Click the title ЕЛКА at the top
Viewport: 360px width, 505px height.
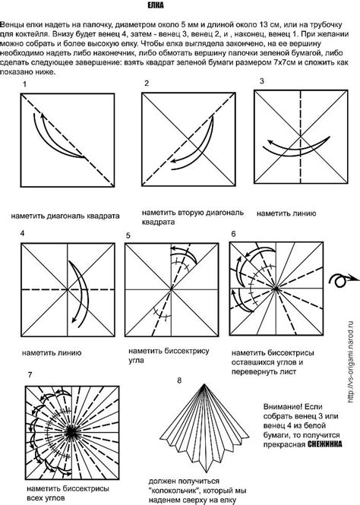(156, 5)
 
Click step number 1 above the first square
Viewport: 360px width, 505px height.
(24, 84)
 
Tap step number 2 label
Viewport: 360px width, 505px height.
(147, 84)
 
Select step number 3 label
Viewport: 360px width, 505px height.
(262, 81)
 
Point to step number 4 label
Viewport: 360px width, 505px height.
(22, 233)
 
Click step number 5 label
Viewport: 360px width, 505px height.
(128, 235)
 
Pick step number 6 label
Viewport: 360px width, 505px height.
(233, 234)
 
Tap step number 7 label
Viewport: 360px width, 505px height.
(30, 375)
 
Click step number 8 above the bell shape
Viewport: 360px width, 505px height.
(179, 380)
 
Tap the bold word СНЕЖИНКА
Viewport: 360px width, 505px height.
(325, 444)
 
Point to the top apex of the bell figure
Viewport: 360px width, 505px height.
(204, 384)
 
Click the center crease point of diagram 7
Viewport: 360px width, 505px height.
(72, 432)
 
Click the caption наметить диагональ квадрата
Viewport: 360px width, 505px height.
(65, 216)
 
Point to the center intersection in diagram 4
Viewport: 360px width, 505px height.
(68, 290)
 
